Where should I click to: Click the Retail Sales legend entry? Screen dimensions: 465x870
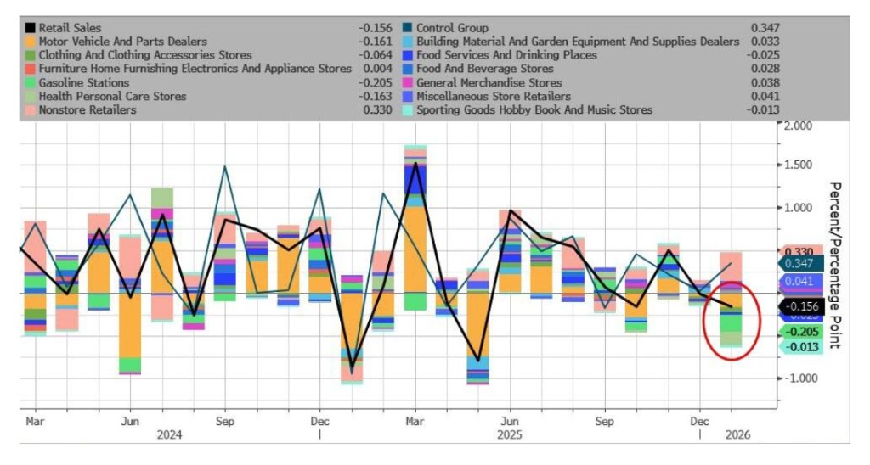pos(70,28)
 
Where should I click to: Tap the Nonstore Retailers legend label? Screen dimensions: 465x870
pos(87,109)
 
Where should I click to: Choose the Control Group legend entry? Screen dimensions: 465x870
pos(452,28)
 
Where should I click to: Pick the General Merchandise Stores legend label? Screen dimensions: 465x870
pos(489,82)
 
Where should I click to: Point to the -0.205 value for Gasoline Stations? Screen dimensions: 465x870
pos(376,82)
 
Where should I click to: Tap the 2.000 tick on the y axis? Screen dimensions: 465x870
pos(799,126)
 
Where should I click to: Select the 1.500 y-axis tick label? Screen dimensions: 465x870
pos(799,165)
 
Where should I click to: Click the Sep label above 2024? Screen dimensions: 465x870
pos(225,420)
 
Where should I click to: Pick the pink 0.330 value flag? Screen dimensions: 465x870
pos(799,252)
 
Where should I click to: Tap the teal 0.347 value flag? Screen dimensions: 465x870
pos(799,265)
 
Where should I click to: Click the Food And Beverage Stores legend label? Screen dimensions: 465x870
pos(484,69)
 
